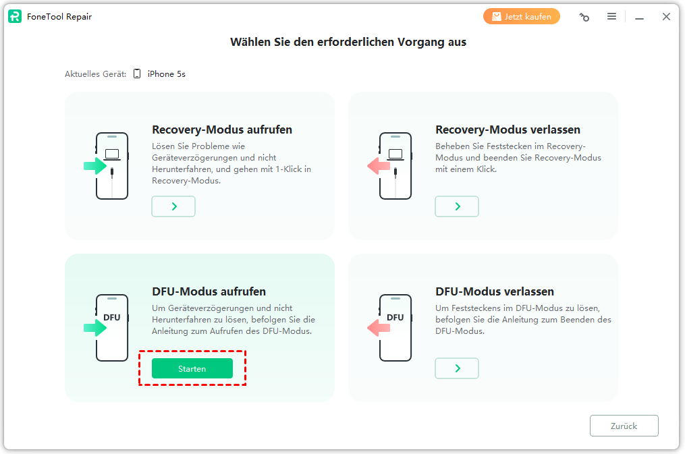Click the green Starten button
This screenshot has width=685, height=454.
click(192, 368)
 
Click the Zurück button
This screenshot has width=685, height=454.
click(624, 426)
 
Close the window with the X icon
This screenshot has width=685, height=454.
click(666, 17)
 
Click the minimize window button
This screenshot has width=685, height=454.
click(640, 18)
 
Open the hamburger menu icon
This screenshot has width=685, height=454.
click(611, 17)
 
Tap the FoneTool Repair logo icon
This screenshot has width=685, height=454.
click(15, 17)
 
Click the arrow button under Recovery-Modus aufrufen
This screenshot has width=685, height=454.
click(173, 206)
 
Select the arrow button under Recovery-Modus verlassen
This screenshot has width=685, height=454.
click(457, 206)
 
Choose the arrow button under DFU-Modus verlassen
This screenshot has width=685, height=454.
click(457, 368)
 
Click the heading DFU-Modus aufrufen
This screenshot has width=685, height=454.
click(209, 291)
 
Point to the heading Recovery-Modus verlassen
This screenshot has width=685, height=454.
click(508, 130)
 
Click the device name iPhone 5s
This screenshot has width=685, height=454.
click(167, 74)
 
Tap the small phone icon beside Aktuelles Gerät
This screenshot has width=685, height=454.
click(137, 74)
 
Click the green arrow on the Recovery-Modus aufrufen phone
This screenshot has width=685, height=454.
click(95, 166)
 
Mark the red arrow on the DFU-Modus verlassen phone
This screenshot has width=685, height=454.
click(379, 327)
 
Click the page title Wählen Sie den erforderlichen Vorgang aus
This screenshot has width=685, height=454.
click(348, 42)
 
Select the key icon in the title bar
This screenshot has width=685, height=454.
click(584, 17)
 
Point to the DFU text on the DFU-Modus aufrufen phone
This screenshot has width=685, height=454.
click(112, 317)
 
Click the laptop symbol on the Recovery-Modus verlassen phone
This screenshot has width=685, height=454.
click(395, 154)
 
